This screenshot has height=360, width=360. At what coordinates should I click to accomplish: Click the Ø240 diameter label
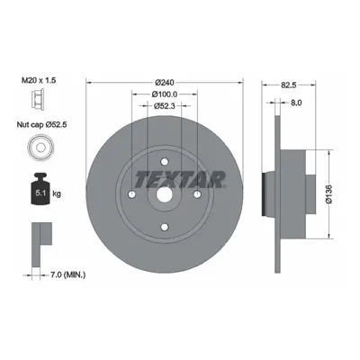[165, 82]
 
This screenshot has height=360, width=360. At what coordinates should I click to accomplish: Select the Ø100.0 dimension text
[165, 94]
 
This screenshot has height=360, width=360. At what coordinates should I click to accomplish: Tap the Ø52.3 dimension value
[165, 105]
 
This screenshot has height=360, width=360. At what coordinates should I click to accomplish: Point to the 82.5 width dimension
[289, 85]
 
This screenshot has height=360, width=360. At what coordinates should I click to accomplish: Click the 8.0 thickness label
[296, 103]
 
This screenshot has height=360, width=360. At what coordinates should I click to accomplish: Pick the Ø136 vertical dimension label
[329, 194]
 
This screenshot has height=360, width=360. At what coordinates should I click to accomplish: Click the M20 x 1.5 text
[39, 80]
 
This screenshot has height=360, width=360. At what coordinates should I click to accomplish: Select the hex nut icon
[38, 98]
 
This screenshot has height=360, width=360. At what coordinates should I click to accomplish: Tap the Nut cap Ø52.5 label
[41, 124]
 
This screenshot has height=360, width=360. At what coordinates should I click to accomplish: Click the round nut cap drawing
[40, 148]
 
